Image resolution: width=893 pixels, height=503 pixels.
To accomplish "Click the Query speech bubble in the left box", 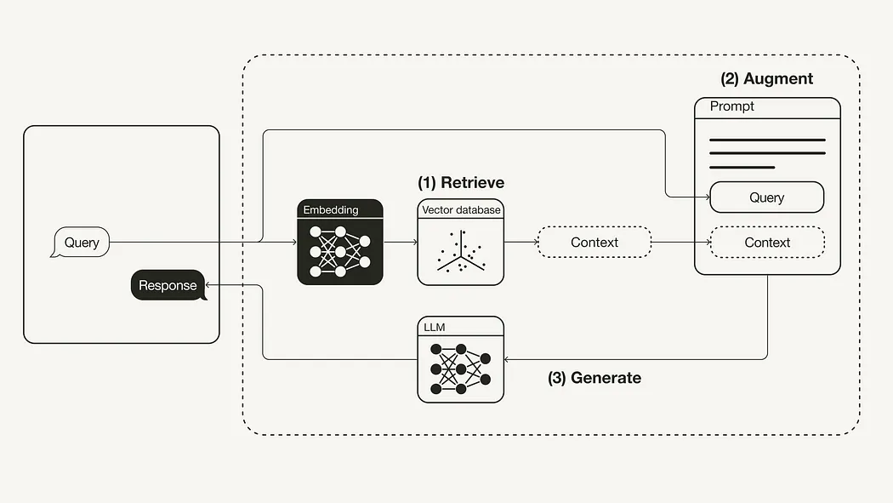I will (82, 243).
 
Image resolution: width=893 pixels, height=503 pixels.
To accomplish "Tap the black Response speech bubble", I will (168, 285).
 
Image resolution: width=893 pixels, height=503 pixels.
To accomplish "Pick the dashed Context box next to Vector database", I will (594, 243).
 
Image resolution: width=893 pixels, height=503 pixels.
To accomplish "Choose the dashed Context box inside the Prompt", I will (767, 243).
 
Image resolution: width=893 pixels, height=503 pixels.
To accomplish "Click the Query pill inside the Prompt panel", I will (767, 197).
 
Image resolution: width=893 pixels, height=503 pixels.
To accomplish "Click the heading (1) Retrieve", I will (461, 183).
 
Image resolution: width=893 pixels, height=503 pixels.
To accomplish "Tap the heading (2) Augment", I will (766, 79).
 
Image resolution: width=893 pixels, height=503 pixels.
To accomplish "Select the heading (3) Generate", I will (594, 378).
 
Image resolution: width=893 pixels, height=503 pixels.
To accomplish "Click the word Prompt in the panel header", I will (732, 107).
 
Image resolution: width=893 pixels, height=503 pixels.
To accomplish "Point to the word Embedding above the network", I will (331, 209).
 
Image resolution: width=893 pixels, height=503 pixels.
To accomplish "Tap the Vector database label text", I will (461, 209).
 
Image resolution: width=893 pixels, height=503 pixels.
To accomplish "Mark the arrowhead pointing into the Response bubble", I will (210, 286).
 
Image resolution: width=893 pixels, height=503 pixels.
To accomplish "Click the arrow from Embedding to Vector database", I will (401, 243).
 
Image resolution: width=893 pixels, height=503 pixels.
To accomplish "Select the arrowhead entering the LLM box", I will (509, 359).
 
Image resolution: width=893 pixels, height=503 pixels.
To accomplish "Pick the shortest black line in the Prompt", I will (742, 168).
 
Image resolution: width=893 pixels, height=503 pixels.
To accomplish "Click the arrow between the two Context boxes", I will (680, 243).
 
